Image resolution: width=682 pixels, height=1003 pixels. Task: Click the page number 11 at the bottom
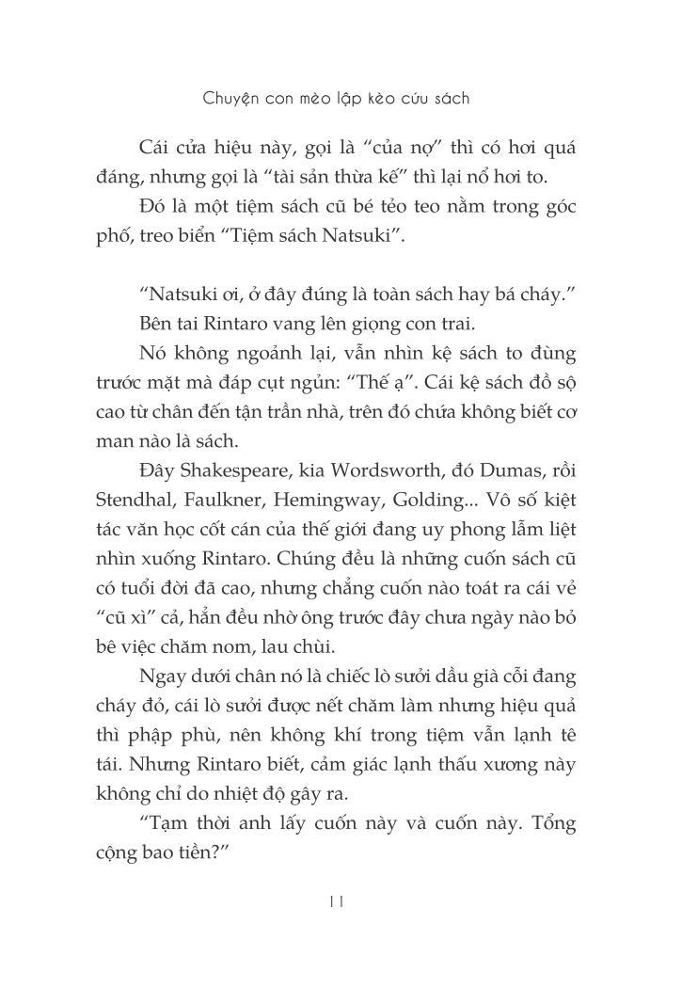point(338,900)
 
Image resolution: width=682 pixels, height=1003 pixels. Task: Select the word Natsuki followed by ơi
point(181,295)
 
